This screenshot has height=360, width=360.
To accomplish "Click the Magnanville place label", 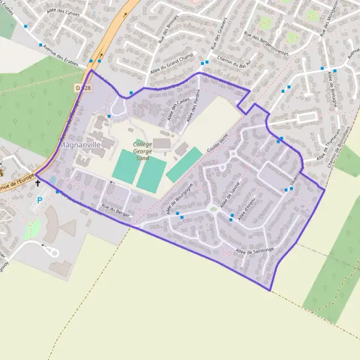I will pyautogui.click(x=79, y=145).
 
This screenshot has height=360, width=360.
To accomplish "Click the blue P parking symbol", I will pyautogui.click(x=40, y=200).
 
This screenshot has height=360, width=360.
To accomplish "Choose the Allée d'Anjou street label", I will pyautogui.click(x=247, y=209).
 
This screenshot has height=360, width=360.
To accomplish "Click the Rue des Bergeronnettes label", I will pyautogui.click(x=266, y=43).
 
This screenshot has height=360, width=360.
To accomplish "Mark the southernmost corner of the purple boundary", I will pyautogui.click(x=271, y=291).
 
